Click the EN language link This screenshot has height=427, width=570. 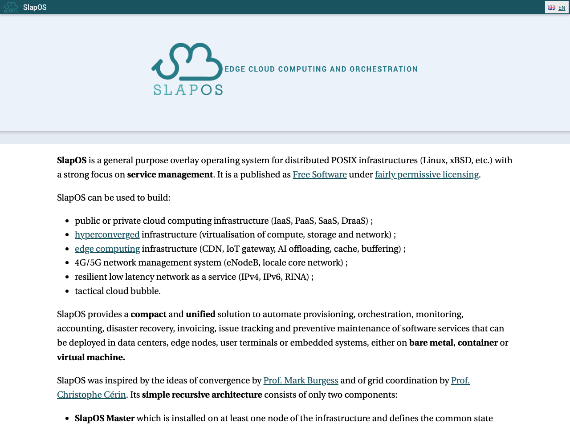click(x=562, y=8)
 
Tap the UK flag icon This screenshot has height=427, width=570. click(x=552, y=8)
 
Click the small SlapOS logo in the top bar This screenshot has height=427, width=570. click(x=11, y=7)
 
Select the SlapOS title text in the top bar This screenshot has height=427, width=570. click(x=35, y=8)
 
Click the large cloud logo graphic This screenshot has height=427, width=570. click(x=187, y=62)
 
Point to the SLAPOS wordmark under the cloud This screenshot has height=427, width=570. click(x=188, y=90)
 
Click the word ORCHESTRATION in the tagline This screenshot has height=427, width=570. click(x=383, y=69)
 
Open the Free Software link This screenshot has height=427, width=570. click(x=319, y=174)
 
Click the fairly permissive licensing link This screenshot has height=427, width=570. click(x=427, y=174)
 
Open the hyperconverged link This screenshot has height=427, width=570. click(x=107, y=234)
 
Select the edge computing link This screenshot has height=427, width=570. click(x=107, y=249)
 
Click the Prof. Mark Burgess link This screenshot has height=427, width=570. click(x=301, y=380)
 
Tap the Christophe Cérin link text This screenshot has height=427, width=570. click(x=91, y=395)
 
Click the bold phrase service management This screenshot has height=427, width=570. click(x=170, y=174)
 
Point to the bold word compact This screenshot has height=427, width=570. click(x=148, y=314)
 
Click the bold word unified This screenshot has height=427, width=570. click(x=200, y=314)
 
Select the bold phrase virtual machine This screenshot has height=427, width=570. click(x=91, y=357)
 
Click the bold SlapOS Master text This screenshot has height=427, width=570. click(x=105, y=418)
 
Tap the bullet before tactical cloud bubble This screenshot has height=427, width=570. click(x=67, y=291)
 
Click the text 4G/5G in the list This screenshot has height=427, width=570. click(x=88, y=262)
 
